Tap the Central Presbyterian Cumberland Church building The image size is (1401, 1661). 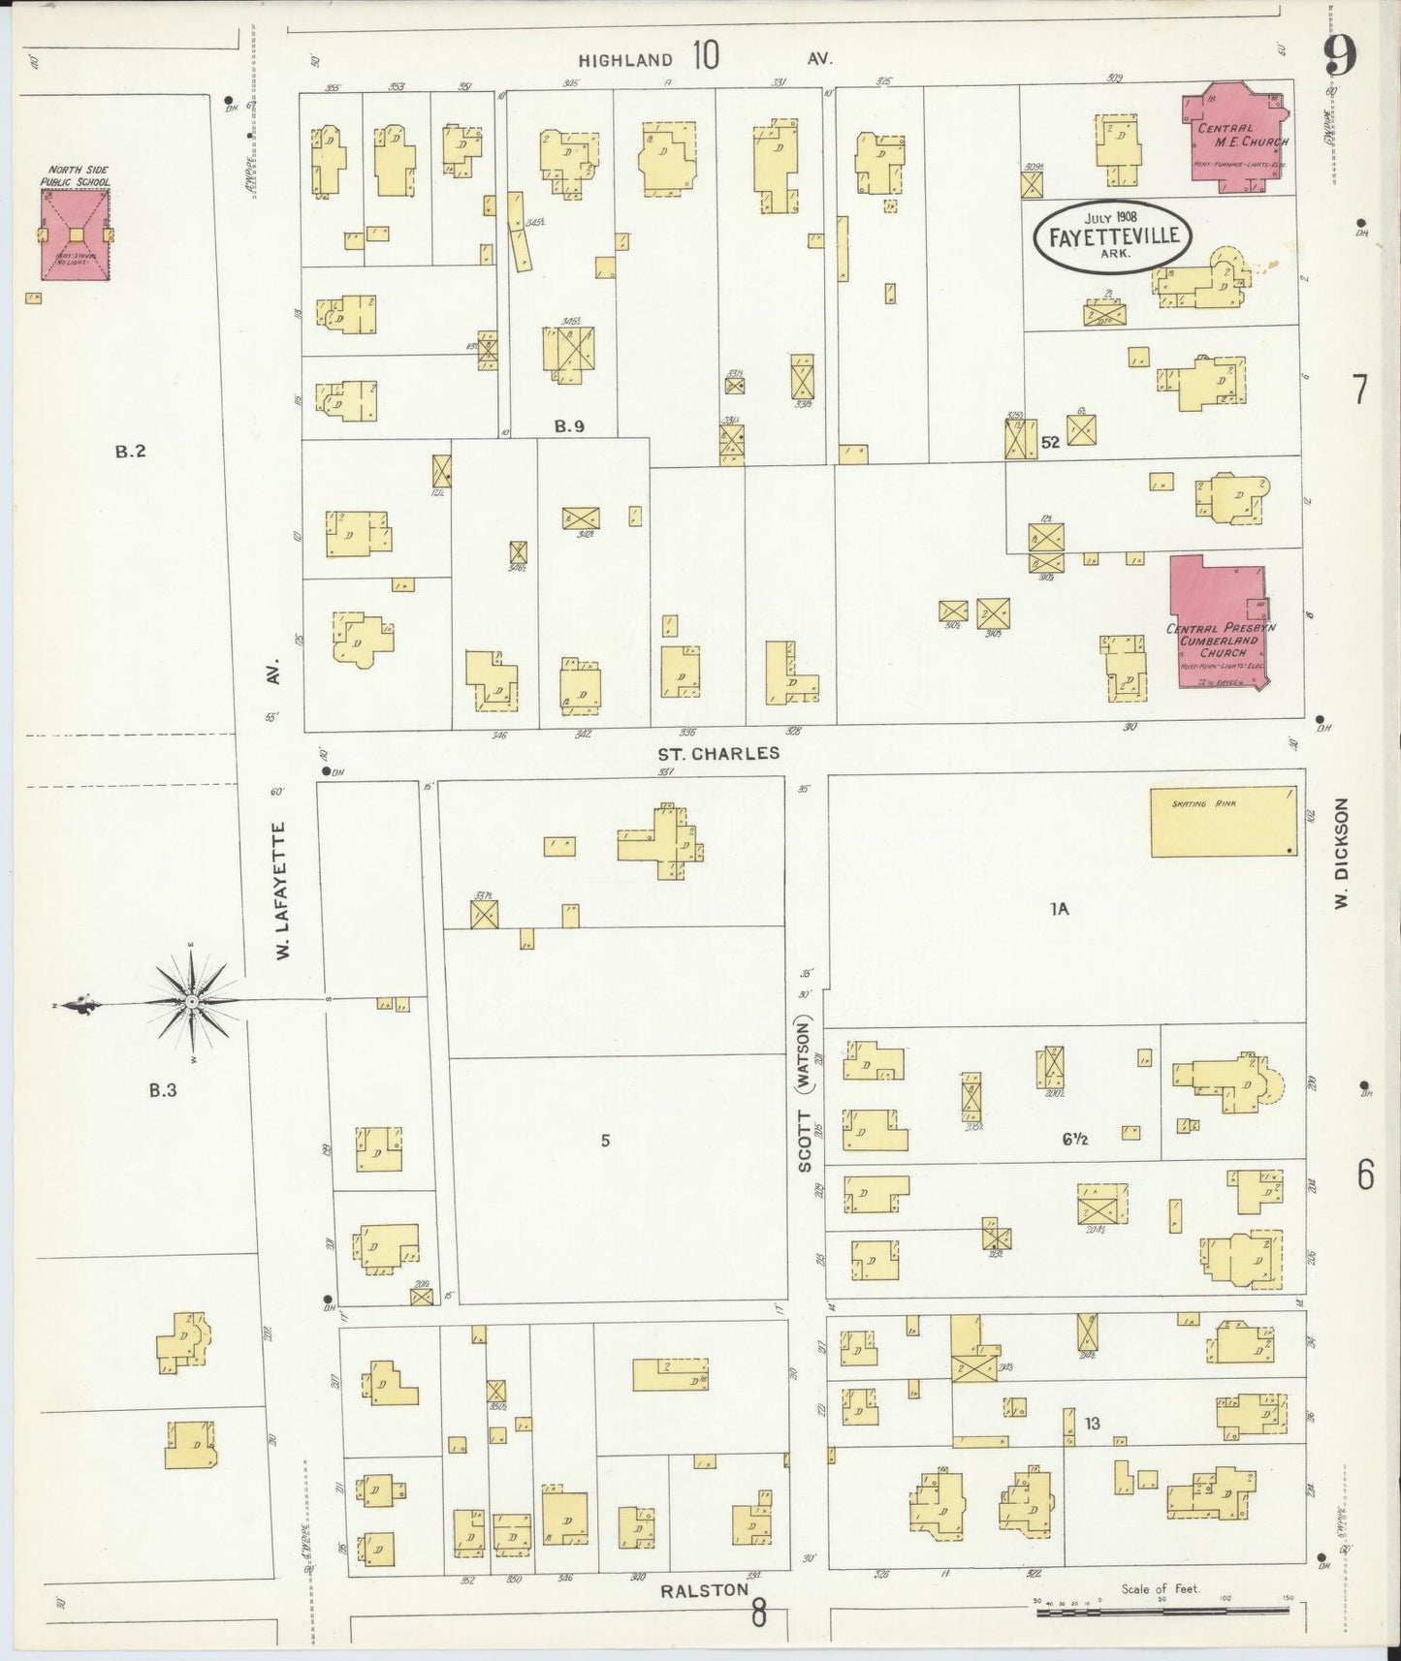coord(1218,625)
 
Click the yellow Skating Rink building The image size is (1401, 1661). coord(1224,822)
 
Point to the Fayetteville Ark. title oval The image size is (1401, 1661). coord(1112,235)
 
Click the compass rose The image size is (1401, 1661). coord(193,1000)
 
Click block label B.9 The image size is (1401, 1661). coord(569,425)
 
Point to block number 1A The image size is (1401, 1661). coord(1059,908)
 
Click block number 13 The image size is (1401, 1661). coord(1092,1424)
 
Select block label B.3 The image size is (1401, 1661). coord(162,1089)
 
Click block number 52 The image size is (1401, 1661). coord(1050,442)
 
